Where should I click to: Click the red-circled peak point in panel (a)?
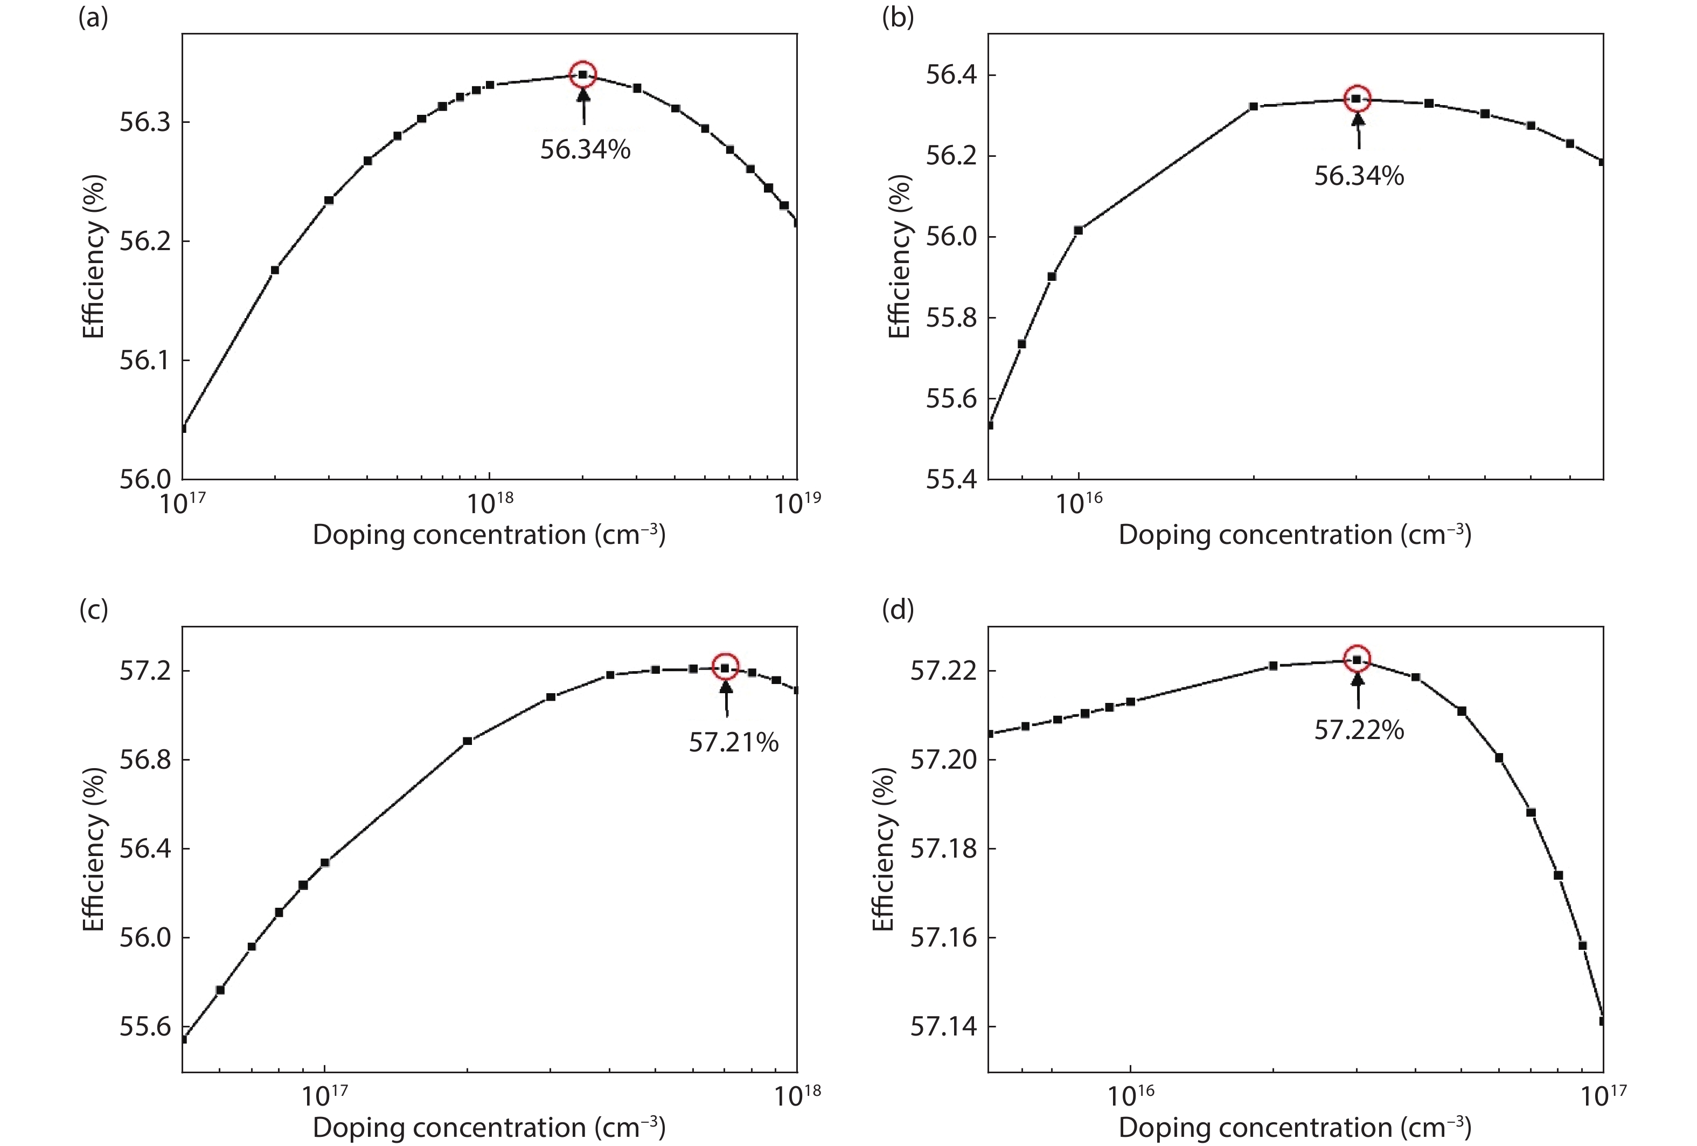[x=582, y=74]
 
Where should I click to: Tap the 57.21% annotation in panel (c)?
[x=733, y=742]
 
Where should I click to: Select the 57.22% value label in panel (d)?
[x=1358, y=730]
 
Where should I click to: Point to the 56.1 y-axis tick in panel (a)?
[x=144, y=361]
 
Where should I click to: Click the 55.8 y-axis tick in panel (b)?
[x=951, y=319]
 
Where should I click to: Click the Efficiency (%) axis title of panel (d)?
[x=884, y=849]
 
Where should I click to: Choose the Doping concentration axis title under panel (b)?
[x=1295, y=535]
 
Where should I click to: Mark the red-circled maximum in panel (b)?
[x=1357, y=99]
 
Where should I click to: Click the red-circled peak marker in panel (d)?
[x=1357, y=659]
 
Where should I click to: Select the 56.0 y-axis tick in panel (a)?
[x=144, y=480]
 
